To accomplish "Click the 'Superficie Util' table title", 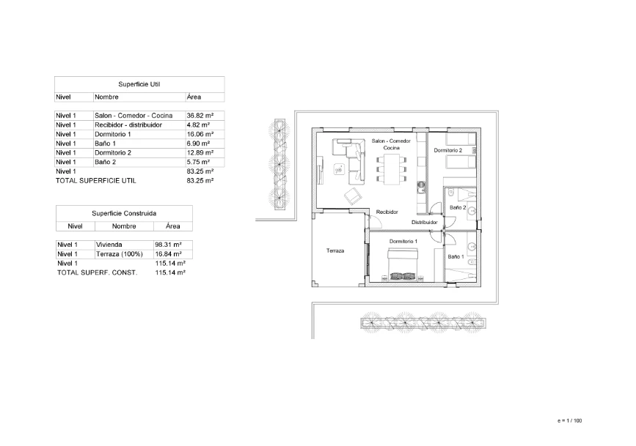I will pyautogui.click(x=139, y=84).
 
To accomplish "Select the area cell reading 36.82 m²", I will pyautogui.click(x=200, y=116).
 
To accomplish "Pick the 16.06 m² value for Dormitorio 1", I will pyautogui.click(x=200, y=135).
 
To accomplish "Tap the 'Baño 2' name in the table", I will pyautogui.click(x=107, y=162).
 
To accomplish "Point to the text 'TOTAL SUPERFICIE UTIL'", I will pyautogui.click(x=95, y=180).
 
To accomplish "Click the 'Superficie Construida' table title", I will pyautogui.click(x=124, y=213).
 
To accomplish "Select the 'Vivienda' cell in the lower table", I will pyautogui.click(x=109, y=245).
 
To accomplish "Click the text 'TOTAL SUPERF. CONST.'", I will pyautogui.click(x=97, y=272).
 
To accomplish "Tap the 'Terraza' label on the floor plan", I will pyautogui.click(x=335, y=250).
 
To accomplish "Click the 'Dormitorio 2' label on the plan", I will pyautogui.click(x=447, y=151).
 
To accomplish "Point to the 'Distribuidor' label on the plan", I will pyautogui.click(x=424, y=222).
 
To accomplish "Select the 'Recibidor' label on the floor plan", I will pyautogui.click(x=387, y=212).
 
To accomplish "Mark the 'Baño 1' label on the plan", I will pyautogui.click(x=456, y=257).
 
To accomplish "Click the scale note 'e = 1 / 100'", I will pyautogui.click(x=569, y=420).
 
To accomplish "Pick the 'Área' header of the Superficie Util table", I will pyautogui.click(x=194, y=97).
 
